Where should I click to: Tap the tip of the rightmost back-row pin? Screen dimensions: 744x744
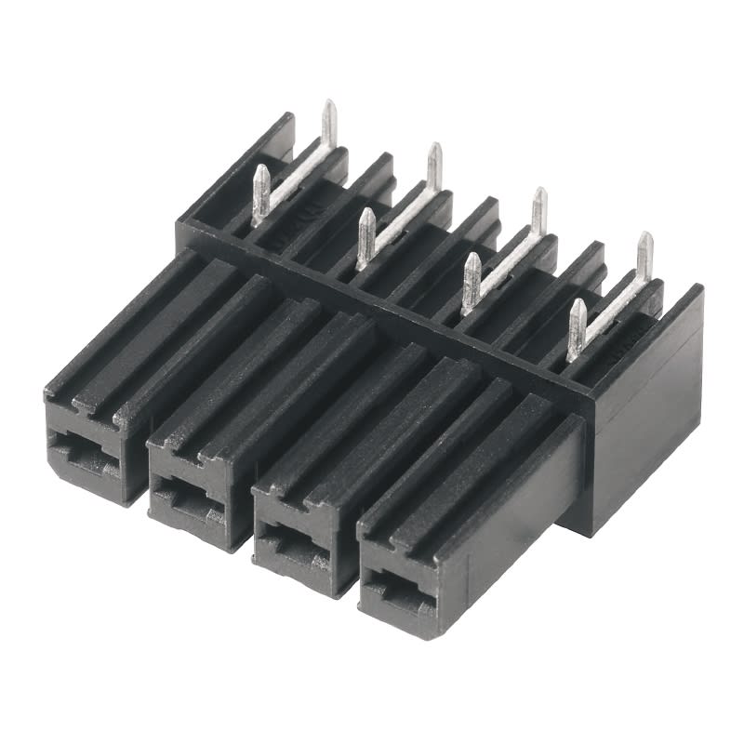coord(644,238)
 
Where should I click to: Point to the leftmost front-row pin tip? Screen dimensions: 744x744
coord(261,171)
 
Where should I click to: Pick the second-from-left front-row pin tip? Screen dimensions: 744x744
coord(366,214)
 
